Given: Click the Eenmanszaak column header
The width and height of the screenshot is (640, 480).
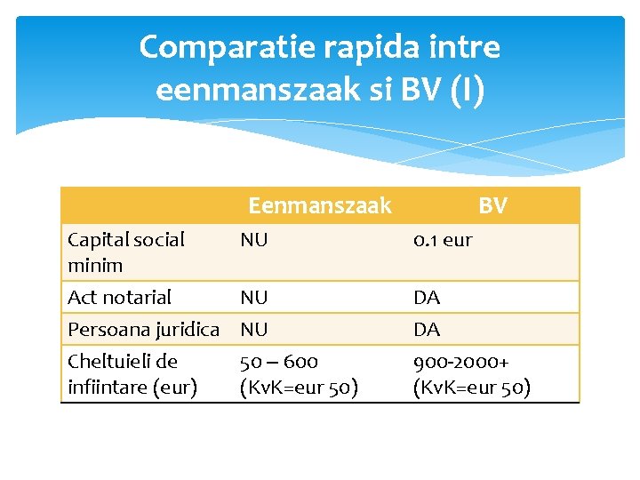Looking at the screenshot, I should click(319, 206).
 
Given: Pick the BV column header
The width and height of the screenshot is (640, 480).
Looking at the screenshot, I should click(492, 206).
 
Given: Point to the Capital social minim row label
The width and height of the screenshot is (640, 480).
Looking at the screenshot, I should click(126, 252).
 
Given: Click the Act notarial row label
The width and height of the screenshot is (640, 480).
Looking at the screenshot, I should click(120, 297).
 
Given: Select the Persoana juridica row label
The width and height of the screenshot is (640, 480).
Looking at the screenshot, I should click(143, 329).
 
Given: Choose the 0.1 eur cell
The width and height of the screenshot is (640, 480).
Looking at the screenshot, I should click(443, 239).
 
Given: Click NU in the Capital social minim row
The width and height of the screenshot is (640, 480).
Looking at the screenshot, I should click(254, 239).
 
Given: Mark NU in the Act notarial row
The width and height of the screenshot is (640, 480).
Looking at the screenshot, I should click(254, 297).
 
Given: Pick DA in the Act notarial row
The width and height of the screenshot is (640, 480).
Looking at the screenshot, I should click(427, 297).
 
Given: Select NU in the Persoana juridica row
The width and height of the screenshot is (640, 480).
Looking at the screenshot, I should click(254, 329).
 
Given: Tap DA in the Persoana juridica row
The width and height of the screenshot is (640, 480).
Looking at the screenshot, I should click(427, 329).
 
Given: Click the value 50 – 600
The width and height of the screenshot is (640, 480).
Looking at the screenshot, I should click(279, 362).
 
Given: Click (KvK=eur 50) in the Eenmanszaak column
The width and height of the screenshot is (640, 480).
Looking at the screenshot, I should click(300, 388).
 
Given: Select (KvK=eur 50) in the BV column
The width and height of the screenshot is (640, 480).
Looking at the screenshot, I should click(472, 388).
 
